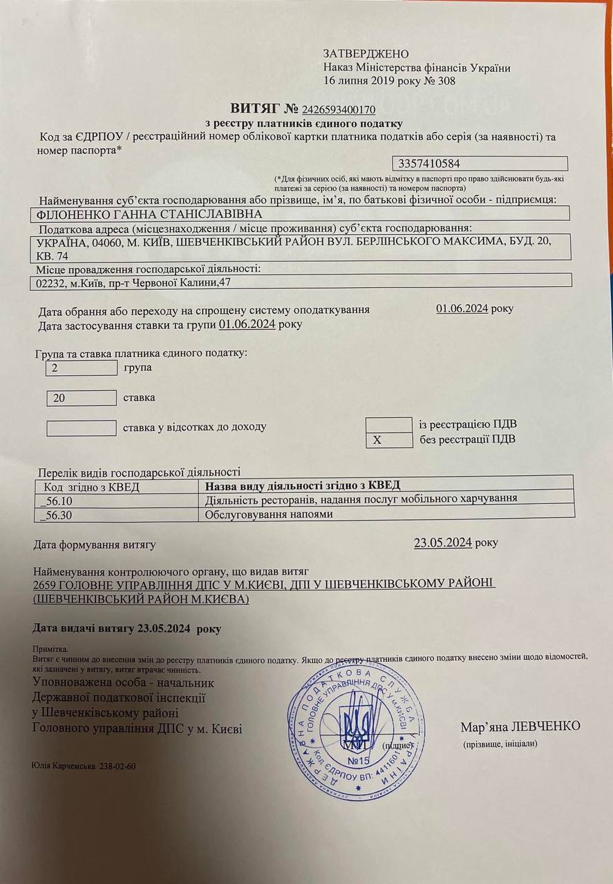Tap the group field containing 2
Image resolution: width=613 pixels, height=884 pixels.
pos(81,368)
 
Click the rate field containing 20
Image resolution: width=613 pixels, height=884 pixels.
pos(81,398)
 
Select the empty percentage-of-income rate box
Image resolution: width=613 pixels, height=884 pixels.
pos(81,428)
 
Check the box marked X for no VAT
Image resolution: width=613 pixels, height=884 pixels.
pos(388,440)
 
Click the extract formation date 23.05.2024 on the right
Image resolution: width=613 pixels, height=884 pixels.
pos(443,543)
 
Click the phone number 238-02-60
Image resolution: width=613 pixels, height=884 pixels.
pos(118,767)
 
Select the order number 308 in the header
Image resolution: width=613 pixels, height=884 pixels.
pos(446,81)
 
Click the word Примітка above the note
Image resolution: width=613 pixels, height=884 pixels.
pos(50,650)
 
